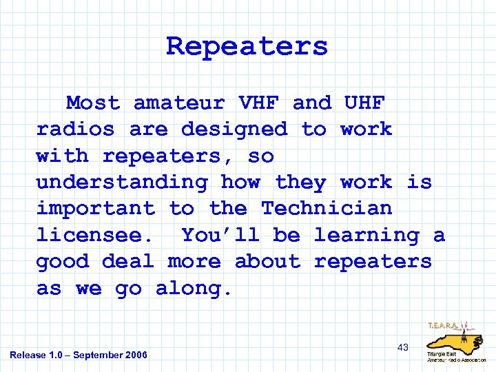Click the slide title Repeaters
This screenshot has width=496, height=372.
[x=247, y=47]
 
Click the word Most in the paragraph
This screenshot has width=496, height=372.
[x=93, y=103]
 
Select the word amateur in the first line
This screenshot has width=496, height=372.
[x=179, y=103]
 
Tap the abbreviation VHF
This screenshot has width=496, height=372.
[x=258, y=103]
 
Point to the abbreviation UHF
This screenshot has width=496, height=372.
[x=364, y=103]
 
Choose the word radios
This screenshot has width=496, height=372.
[x=76, y=130]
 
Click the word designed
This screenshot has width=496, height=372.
[x=234, y=130]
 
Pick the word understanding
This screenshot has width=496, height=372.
[x=122, y=183]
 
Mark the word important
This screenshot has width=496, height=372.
[x=96, y=209]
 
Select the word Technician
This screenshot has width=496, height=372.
[x=327, y=209]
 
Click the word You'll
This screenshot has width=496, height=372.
[x=220, y=236]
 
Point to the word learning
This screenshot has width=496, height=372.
[x=366, y=236]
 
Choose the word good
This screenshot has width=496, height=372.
[x=63, y=262]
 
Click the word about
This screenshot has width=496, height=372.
[x=267, y=262]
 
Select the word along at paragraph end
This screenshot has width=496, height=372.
[x=194, y=289]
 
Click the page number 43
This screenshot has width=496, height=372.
[x=403, y=347]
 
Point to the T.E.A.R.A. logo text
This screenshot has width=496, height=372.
[x=445, y=326]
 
